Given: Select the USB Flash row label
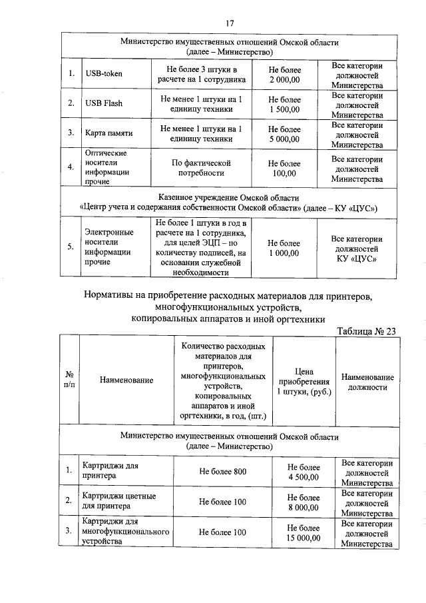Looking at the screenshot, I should pos(104,103).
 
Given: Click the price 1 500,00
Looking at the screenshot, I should pos(284,109).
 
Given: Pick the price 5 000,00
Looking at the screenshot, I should pos(284,139).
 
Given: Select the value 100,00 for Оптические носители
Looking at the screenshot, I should pos(284,174).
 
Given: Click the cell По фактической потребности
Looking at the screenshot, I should pos(201,168).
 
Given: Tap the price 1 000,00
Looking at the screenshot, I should pos(284,253).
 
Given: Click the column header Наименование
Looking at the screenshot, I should pos(126,380).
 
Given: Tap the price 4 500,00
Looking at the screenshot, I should pos(304,477).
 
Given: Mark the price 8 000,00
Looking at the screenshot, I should pos(304,507).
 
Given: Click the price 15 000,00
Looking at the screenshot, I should pos(304,538).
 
